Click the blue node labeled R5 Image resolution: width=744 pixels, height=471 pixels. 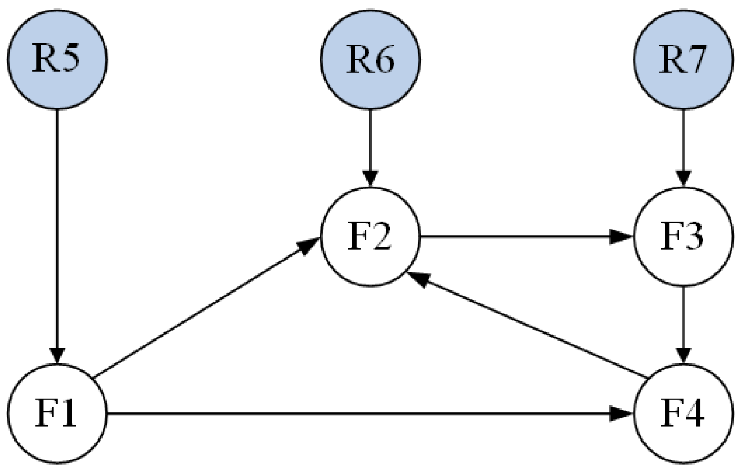[x=57, y=60]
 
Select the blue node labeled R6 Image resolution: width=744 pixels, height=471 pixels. [x=370, y=60]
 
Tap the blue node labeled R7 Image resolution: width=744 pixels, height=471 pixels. [x=683, y=60]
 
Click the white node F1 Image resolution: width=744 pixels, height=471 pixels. [x=57, y=413]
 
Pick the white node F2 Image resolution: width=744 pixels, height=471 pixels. [x=370, y=236]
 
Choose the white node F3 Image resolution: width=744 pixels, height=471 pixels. [x=683, y=236]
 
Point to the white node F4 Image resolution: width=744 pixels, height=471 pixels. [x=683, y=413]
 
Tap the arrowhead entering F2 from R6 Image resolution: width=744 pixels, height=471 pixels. [x=370, y=178]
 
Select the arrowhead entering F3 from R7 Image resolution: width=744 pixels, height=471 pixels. [x=683, y=178]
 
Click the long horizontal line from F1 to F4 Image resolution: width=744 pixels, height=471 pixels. [x=360, y=413]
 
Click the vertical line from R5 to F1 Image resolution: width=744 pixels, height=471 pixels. [x=57, y=231]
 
